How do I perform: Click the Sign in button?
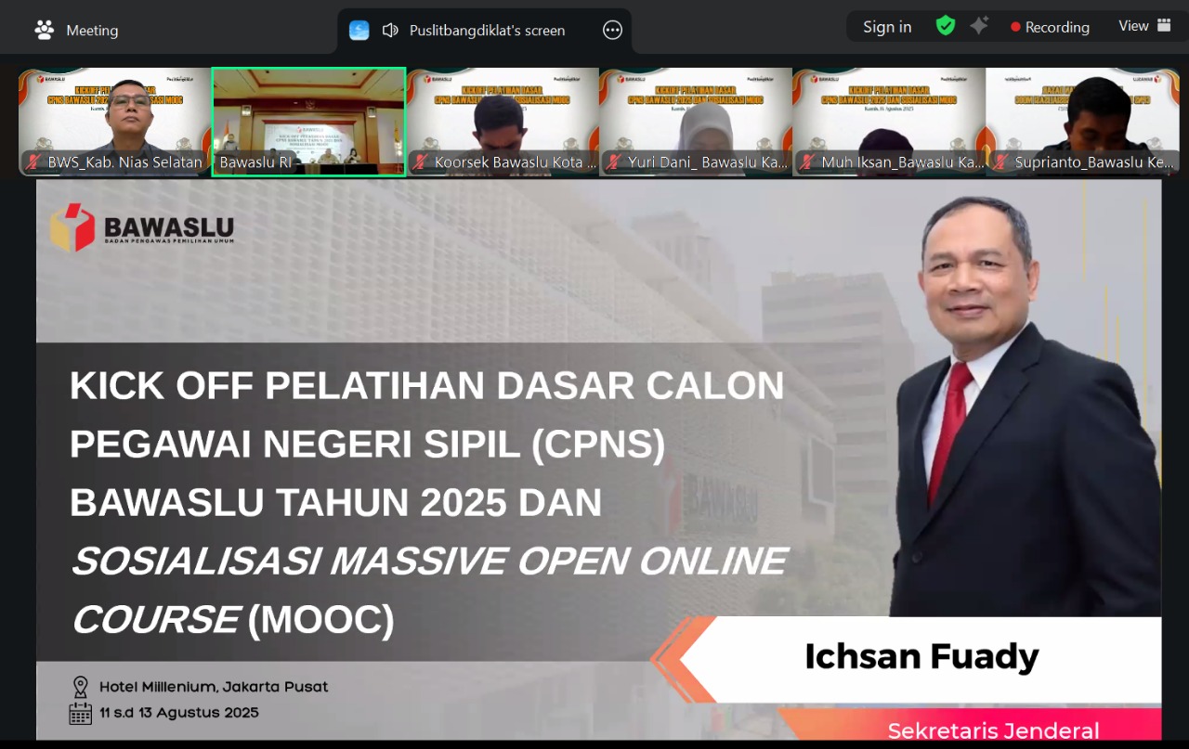click(x=887, y=27)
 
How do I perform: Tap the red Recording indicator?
click(x=1050, y=27)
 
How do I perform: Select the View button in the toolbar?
click(x=1144, y=26)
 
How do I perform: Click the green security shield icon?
click(x=946, y=26)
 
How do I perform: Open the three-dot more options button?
click(x=612, y=30)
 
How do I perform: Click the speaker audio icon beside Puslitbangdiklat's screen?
click(x=390, y=30)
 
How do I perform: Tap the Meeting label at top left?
click(x=91, y=31)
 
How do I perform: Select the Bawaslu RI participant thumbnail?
click(x=308, y=121)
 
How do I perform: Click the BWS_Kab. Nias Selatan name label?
click(x=124, y=162)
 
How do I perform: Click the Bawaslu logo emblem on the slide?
click(x=72, y=227)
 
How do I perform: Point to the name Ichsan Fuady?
click(x=921, y=656)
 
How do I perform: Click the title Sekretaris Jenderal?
click(x=993, y=730)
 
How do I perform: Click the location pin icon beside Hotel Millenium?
click(x=81, y=687)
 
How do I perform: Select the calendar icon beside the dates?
click(x=81, y=713)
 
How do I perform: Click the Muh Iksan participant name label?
click(x=902, y=162)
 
